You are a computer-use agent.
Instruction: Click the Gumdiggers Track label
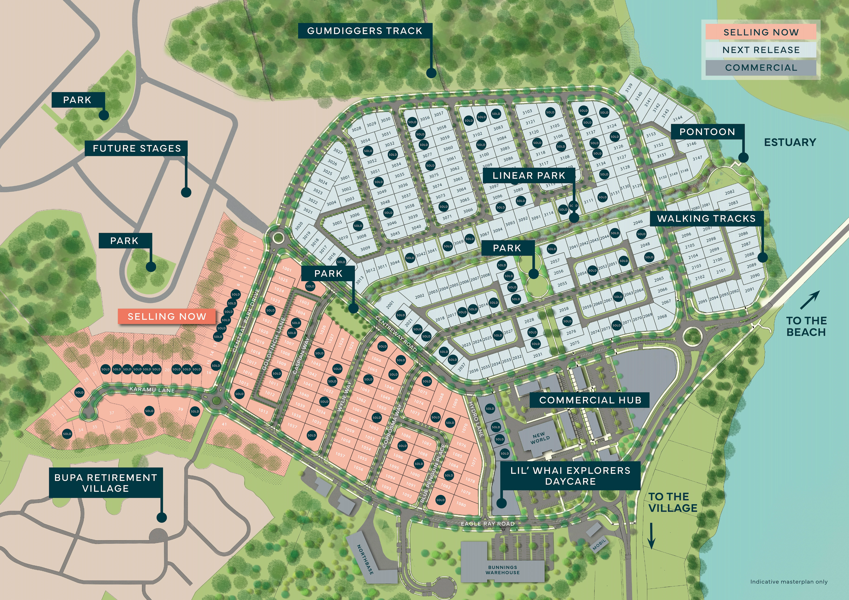(365, 31)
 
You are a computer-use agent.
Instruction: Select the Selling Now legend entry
(761, 32)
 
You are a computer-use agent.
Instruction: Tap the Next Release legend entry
(761, 50)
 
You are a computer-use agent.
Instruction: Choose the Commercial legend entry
(761, 68)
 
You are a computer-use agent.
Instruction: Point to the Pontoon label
(707, 132)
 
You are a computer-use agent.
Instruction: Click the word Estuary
(790, 142)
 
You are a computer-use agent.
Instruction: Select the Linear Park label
(529, 176)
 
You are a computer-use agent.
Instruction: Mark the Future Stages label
(137, 148)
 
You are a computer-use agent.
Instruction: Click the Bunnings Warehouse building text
(503, 570)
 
